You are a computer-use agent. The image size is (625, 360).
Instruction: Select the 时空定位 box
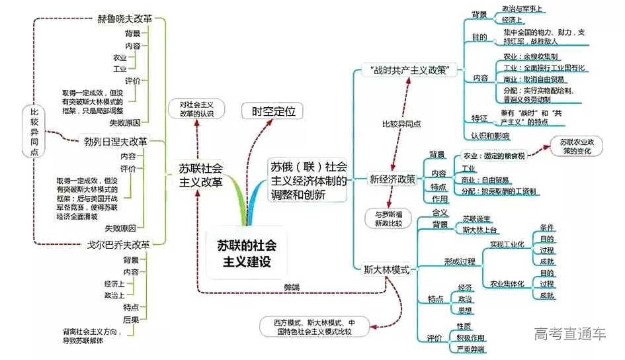[x=272, y=111]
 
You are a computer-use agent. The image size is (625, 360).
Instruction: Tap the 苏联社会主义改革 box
[x=201, y=175]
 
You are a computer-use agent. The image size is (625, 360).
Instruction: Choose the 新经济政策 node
[x=392, y=179]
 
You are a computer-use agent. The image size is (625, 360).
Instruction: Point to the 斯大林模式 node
[x=387, y=270]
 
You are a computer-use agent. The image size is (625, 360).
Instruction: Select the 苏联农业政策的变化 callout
[x=577, y=146]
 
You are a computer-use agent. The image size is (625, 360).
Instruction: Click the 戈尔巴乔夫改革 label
[x=119, y=244]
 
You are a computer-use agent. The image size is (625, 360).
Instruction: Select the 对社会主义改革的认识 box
[x=196, y=109]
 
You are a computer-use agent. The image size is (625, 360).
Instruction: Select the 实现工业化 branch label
[x=507, y=244]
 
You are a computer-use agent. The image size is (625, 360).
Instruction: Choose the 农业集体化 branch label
[x=507, y=284]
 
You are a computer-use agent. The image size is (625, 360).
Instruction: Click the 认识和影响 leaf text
[x=490, y=136]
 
